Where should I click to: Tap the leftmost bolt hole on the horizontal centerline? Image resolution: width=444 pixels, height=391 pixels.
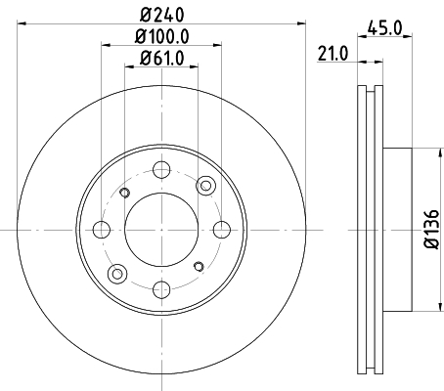(x=102, y=231)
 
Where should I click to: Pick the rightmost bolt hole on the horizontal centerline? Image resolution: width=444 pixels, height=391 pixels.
(x=222, y=231)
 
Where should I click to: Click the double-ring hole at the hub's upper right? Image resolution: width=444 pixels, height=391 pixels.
(x=205, y=187)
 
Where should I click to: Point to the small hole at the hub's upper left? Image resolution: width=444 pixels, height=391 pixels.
(x=124, y=194)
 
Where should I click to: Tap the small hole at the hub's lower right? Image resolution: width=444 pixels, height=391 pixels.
(x=200, y=267)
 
